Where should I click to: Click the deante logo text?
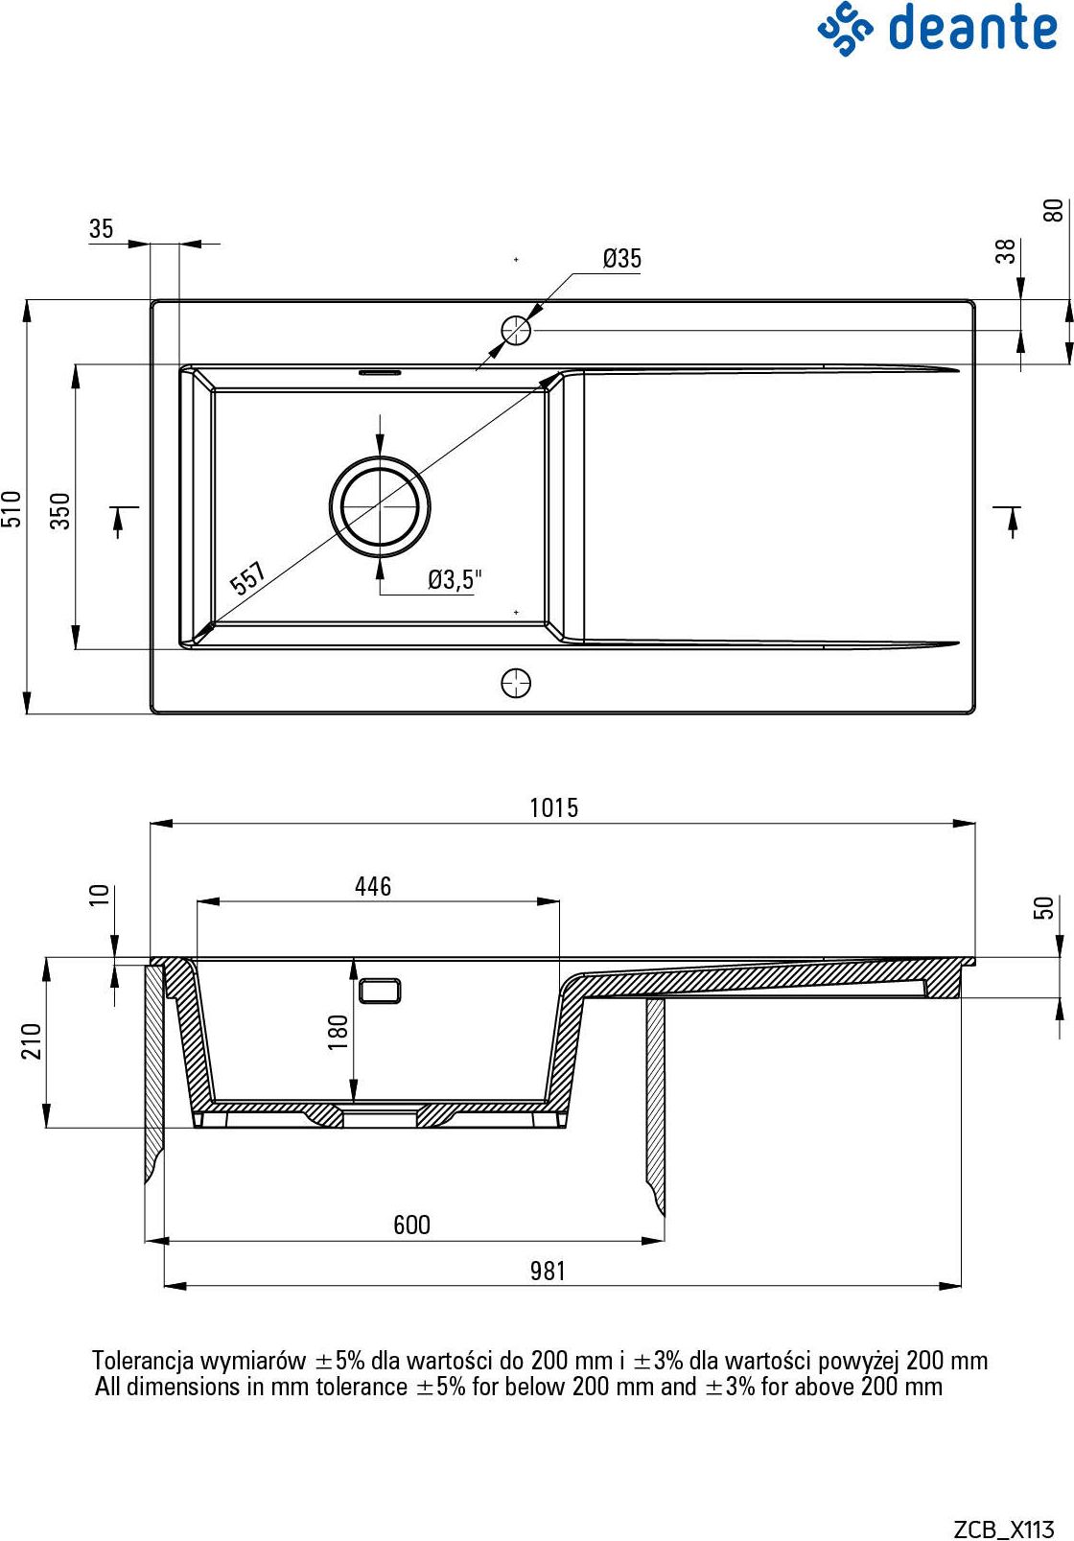point(973,29)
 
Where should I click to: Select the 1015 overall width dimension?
point(554,807)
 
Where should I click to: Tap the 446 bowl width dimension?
point(373,886)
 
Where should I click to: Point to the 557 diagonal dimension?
point(247,578)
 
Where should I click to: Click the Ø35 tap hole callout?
point(622,259)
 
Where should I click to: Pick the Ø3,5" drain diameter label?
point(455,580)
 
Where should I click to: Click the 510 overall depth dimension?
point(12,508)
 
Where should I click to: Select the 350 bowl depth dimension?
point(61,510)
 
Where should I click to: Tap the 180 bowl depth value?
point(338,1032)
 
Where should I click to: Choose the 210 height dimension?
point(32,1040)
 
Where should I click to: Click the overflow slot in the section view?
point(380,991)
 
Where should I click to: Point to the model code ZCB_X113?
point(1004,1529)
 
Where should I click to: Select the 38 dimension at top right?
point(1005,251)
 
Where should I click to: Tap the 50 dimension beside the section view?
point(1043,907)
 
